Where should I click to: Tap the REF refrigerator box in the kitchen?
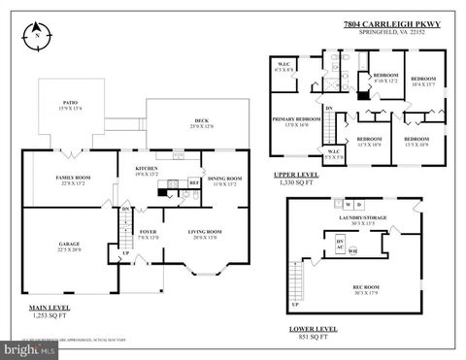[193, 180]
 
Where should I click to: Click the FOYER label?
[148, 232]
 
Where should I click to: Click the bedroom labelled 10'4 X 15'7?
[422, 80]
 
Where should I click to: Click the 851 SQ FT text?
[314, 338]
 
